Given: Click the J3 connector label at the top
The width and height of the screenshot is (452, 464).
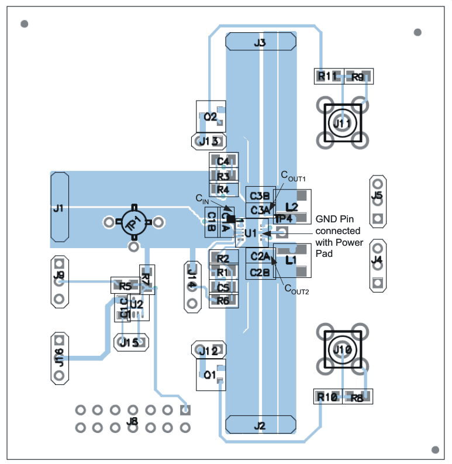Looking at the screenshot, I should click(x=260, y=43).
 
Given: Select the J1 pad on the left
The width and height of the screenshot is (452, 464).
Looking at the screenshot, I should click(x=59, y=208).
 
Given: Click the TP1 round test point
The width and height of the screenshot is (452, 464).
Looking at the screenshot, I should click(x=134, y=222).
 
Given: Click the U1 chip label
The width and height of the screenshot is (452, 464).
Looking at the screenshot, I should click(x=251, y=233).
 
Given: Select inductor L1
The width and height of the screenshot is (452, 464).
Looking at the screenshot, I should click(x=291, y=260).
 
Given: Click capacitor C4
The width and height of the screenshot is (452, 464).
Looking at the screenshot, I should click(x=223, y=161).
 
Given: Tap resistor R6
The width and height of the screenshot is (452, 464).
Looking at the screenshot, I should click(x=223, y=301).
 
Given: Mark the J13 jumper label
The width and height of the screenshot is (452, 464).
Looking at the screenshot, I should click(x=209, y=141).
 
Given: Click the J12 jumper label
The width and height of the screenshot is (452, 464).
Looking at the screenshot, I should click(x=208, y=351).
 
